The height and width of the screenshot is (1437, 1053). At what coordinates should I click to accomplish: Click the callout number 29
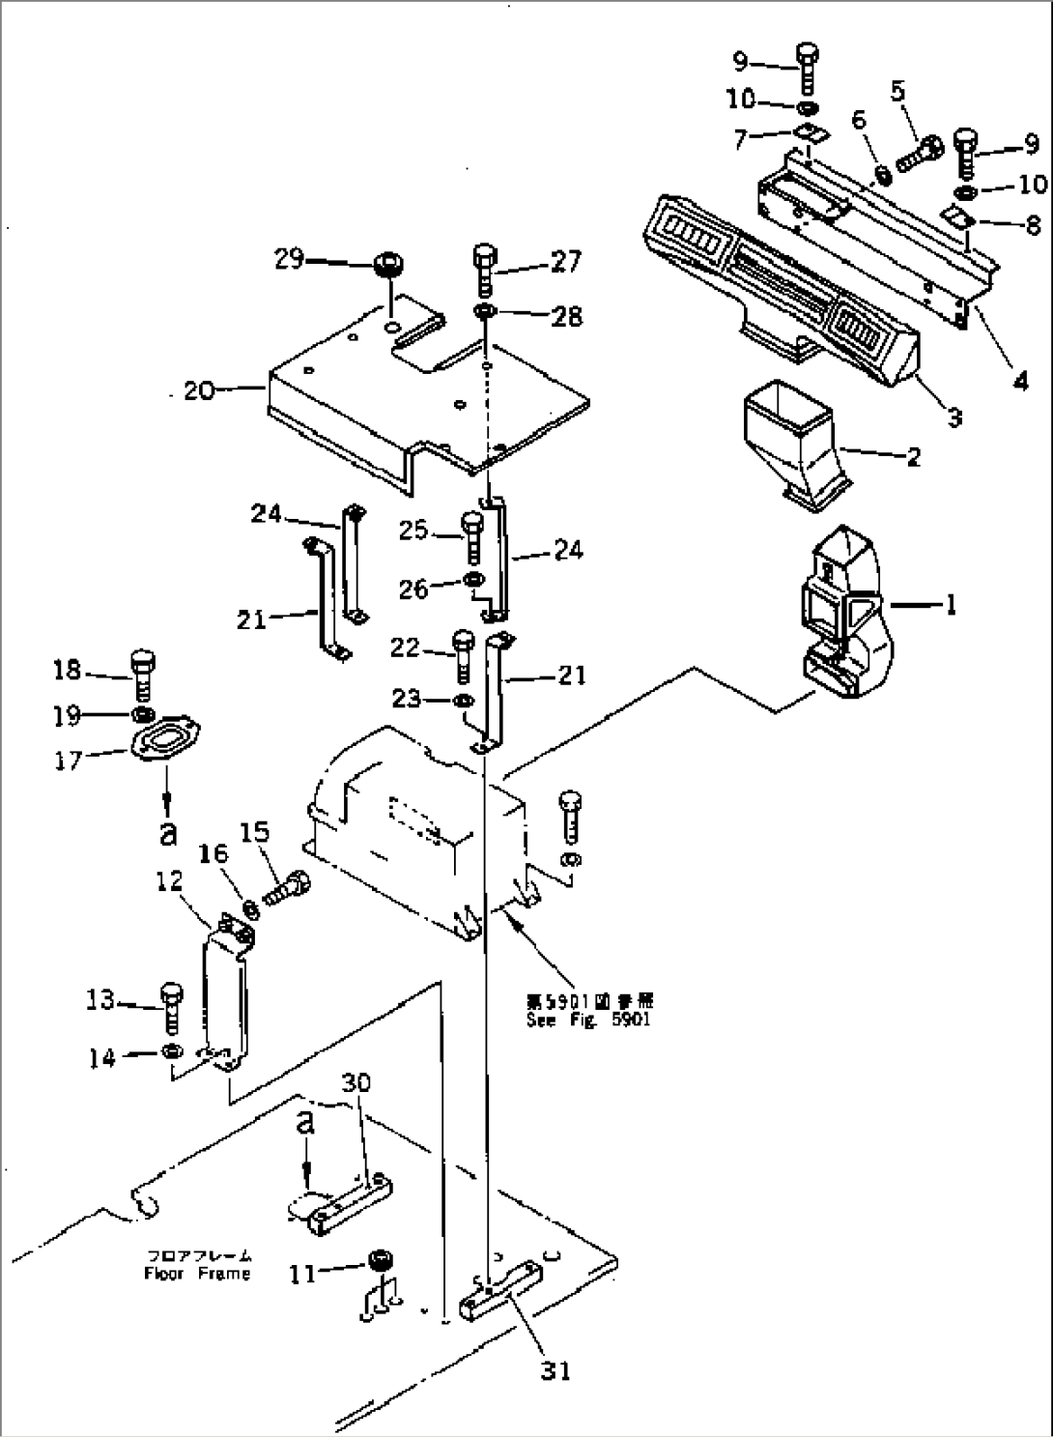pyautogui.click(x=289, y=260)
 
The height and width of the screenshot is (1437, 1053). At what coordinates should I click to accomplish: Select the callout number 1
pyautogui.click(x=951, y=606)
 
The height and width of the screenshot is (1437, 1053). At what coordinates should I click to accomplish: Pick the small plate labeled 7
pyautogui.click(x=809, y=134)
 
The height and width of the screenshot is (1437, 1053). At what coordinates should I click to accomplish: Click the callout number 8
pyautogui.click(x=1032, y=226)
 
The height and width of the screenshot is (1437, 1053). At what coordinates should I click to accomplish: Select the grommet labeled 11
pyautogui.click(x=378, y=1262)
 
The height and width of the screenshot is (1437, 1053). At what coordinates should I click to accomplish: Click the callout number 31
pyautogui.click(x=555, y=1369)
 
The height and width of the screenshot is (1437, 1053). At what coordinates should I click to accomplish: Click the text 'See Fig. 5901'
pyautogui.click(x=587, y=1020)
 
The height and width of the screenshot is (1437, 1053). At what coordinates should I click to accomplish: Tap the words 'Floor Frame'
pyautogui.click(x=197, y=1273)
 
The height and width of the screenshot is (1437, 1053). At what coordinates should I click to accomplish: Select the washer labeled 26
pyautogui.click(x=473, y=580)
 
